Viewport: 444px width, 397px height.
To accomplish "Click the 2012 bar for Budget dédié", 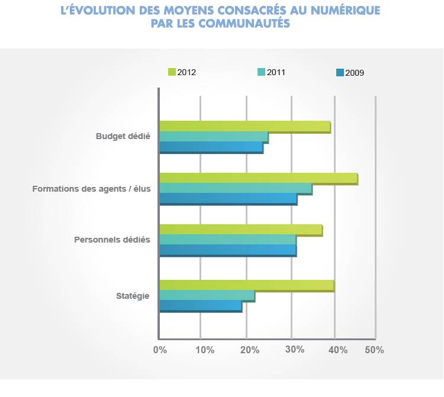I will [x=244, y=127].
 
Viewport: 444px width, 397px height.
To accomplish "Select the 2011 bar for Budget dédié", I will [x=214, y=137].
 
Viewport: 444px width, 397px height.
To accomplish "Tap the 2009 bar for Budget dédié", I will [x=211, y=147].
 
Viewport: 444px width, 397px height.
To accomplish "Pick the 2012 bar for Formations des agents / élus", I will [x=258, y=178].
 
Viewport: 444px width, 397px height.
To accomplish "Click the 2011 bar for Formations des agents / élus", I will [x=236, y=188].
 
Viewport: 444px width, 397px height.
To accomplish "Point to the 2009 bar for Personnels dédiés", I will [x=228, y=250].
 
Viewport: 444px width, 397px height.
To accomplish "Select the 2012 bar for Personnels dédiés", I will [x=240, y=230].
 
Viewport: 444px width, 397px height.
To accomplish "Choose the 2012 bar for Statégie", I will [x=246, y=285].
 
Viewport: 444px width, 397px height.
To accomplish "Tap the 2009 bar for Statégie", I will [x=201, y=306].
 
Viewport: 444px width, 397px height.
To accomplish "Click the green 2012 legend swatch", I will [x=172, y=72].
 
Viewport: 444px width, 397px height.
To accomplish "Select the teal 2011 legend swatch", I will [x=261, y=72].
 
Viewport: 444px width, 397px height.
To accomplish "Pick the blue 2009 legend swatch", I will [x=340, y=73].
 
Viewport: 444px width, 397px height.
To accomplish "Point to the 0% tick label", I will [x=160, y=350].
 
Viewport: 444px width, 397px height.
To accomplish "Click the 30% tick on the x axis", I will [x=294, y=350].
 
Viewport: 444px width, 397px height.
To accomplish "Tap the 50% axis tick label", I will [x=374, y=350].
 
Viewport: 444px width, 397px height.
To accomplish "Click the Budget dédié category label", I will [x=123, y=136].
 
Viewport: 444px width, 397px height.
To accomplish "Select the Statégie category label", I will [x=133, y=295].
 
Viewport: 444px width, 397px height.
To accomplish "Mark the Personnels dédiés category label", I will [x=112, y=240].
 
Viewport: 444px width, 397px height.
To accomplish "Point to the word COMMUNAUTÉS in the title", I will [x=244, y=24].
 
